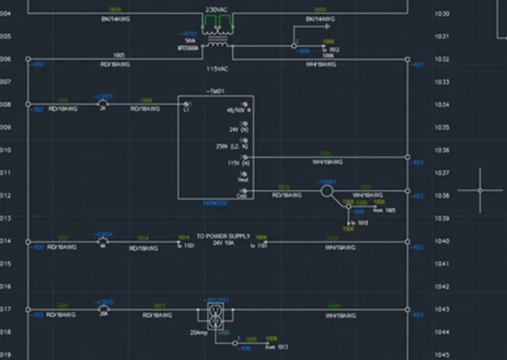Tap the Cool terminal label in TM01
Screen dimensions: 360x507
[x=242, y=196]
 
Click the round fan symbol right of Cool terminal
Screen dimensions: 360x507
[x=327, y=190]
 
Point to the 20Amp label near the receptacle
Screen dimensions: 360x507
[x=198, y=333]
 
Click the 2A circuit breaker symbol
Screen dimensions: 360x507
[x=102, y=102]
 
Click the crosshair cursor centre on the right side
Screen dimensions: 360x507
[x=480, y=190]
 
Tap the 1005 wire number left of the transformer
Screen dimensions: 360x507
[x=119, y=54]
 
